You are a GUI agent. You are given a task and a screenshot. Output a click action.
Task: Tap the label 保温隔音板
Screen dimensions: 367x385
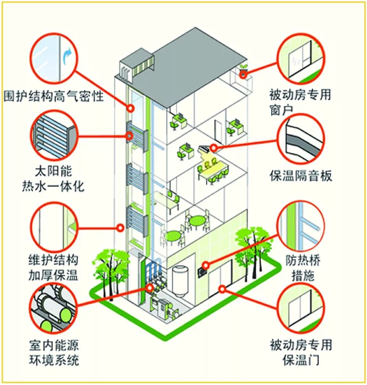301,177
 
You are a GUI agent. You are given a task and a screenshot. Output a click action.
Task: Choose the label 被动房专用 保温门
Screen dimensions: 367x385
301,352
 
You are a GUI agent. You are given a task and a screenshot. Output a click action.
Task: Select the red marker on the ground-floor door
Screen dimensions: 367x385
222,289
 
